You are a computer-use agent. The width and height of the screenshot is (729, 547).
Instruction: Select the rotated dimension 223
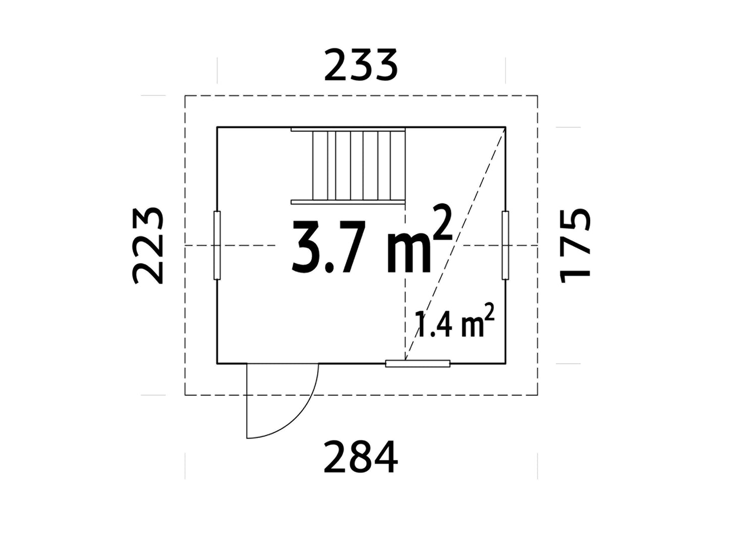[x=148, y=246]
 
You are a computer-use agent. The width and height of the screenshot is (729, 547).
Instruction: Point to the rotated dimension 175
[x=575, y=246]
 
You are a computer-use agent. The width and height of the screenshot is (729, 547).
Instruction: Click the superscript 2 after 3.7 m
[x=443, y=223]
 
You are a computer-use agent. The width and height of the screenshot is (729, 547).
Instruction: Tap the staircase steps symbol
[x=348, y=166]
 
